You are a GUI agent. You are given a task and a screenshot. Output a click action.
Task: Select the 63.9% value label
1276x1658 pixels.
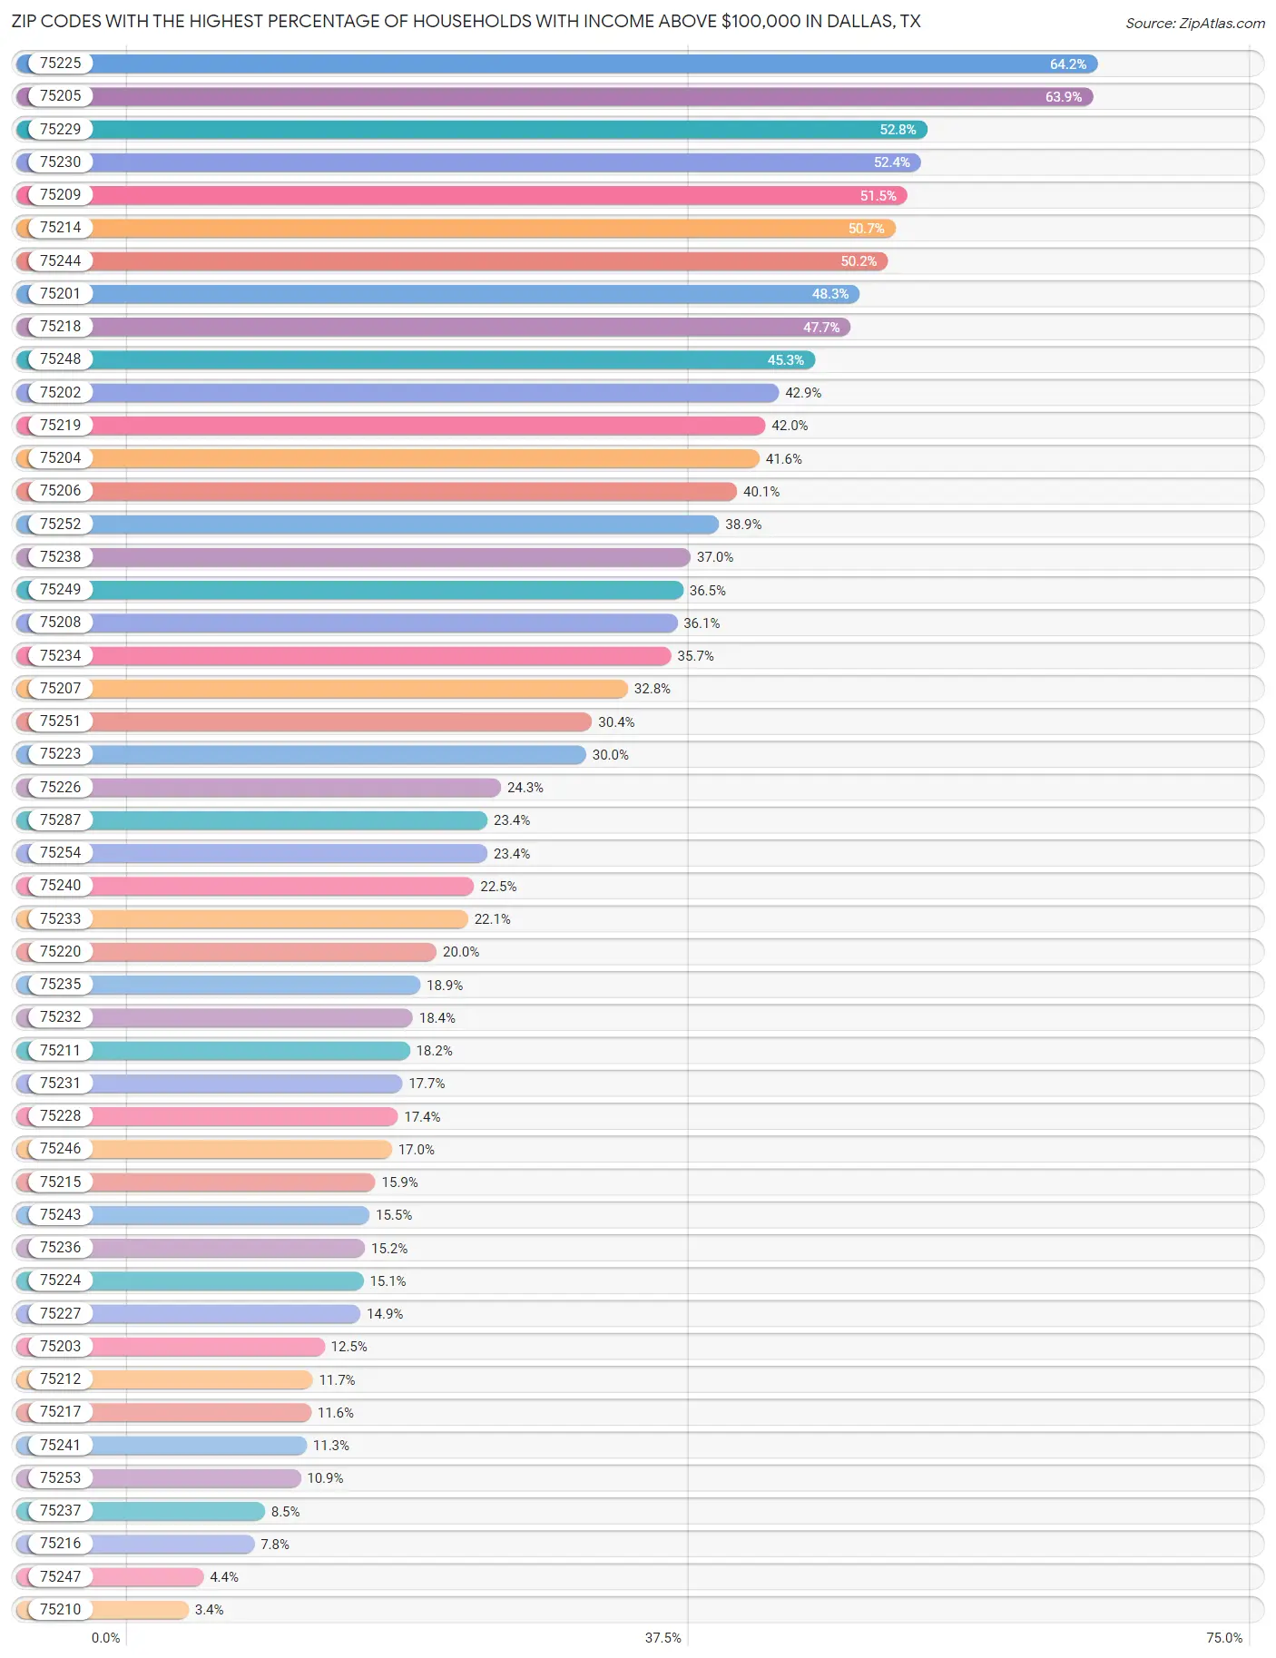coord(1063,97)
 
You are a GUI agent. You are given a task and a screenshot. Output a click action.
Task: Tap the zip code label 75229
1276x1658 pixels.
coord(60,129)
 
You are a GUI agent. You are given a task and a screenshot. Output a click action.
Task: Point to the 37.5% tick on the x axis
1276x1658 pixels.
coord(663,1637)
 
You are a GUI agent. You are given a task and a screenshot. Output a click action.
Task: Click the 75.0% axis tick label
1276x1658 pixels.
coord(1223,1637)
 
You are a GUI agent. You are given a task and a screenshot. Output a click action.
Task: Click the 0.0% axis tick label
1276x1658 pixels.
coord(105,1637)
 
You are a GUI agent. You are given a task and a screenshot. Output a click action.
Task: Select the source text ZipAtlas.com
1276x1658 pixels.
coord(1222,24)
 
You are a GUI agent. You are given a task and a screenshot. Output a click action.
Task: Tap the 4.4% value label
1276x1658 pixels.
coord(224,1577)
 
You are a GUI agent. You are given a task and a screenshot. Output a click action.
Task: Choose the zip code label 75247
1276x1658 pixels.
coord(60,1576)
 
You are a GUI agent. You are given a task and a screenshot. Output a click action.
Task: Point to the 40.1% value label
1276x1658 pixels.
coord(761,492)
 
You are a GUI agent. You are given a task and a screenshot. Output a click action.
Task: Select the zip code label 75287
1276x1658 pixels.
coord(60,819)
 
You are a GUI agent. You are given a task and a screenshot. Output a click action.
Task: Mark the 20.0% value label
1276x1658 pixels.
coord(461,952)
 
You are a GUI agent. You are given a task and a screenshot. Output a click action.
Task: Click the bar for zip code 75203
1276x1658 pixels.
coord(209,1347)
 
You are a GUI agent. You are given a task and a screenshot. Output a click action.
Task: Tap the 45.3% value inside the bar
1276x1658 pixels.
coord(785,360)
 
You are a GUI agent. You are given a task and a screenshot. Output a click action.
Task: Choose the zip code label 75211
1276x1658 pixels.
coord(60,1050)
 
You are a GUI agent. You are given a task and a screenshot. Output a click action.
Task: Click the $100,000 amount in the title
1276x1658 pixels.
coord(761,21)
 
